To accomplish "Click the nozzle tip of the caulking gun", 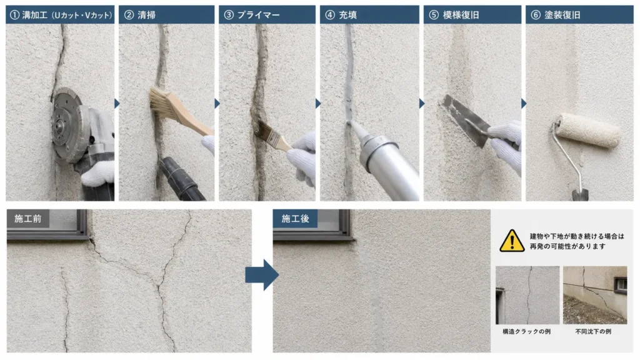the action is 349,122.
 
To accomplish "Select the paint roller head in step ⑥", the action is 588,130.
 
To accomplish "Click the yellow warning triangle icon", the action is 512,241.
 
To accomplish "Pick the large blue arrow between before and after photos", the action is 262,275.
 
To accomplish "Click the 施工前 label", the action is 27,219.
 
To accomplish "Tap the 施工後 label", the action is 295,219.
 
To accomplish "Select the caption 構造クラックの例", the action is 526,331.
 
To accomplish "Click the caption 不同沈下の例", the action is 593,331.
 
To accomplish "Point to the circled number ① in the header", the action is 14,15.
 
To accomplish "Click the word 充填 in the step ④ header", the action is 347,15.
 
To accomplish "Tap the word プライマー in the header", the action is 258,15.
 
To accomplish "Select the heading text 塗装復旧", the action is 562,15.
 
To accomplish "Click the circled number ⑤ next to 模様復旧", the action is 434,15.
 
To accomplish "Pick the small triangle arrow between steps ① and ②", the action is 117,104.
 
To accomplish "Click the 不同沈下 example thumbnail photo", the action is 595,295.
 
